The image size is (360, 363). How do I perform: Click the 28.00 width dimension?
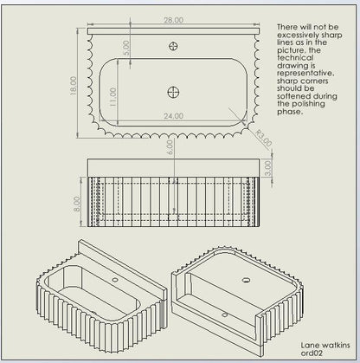click(x=173, y=20)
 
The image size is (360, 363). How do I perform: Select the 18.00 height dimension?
click(x=74, y=86)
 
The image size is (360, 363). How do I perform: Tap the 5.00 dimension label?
click(x=126, y=48)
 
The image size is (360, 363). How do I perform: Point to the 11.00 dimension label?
click(x=112, y=97)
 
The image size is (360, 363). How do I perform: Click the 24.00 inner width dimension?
click(x=173, y=116)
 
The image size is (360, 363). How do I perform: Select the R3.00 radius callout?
click(x=264, y=139)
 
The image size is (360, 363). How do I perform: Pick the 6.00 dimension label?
click(x=170, y=147)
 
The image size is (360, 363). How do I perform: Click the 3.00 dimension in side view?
click(x=268, y=168)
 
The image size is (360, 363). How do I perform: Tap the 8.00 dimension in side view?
click(x=77, y=204)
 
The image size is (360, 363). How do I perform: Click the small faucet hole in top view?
click(x=173, y=46)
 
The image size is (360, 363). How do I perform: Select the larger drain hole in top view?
click(x=174, y=93)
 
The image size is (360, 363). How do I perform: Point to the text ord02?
click(x=312, y=353)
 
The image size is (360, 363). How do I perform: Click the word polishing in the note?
click(x=308, y=104)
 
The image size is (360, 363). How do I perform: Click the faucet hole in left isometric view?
click(x=115, y=280)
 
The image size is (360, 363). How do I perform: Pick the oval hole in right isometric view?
click(x=246, y=280)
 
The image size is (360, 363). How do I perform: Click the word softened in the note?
click(x=294, y=96)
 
